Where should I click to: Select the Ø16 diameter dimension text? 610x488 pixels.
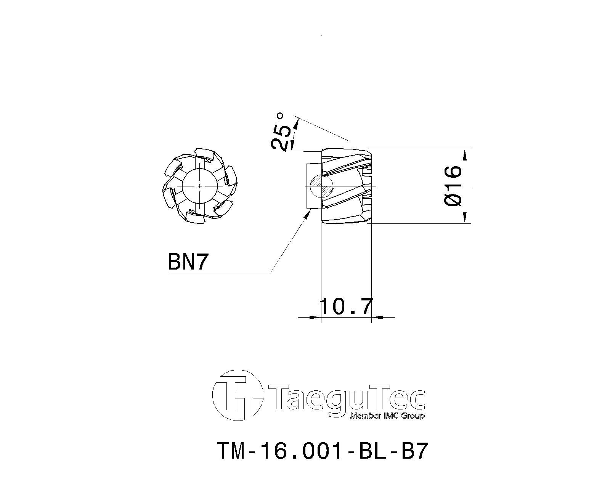click(453, 186)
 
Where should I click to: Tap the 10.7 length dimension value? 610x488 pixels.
click(346, 307)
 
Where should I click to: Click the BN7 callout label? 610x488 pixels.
click(188, 262)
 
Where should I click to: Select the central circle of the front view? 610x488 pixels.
click(199, 186)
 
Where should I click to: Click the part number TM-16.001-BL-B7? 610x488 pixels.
click(322, 451)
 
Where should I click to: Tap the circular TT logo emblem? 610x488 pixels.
click(238, 396)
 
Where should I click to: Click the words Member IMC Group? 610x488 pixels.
click(387, 416)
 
